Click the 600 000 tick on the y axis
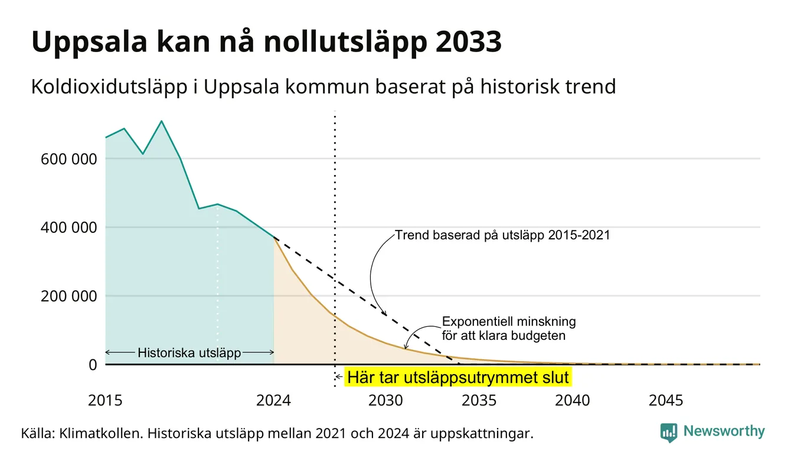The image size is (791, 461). [68, 159]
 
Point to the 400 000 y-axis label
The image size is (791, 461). [68, 228]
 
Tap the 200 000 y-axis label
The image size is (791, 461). [68, 296]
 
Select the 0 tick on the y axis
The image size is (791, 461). [93, 365]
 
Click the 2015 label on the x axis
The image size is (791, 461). [105, 401]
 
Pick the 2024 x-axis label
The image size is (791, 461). [273, 401]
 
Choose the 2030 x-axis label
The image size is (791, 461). [385, 401]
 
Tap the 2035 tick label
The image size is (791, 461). [479, 401]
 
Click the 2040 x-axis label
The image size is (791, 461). [573, 401]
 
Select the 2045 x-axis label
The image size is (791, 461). [666, 401]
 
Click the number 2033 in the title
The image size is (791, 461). [468, 41]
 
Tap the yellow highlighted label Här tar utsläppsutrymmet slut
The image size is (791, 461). [458, 377]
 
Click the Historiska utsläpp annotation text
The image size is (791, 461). [189, 352]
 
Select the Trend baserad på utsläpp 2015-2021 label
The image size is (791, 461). [502, 235]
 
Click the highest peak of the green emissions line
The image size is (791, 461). [161, 121]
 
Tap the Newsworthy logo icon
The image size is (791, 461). [669, 433]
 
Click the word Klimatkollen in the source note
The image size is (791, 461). [100, 433]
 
